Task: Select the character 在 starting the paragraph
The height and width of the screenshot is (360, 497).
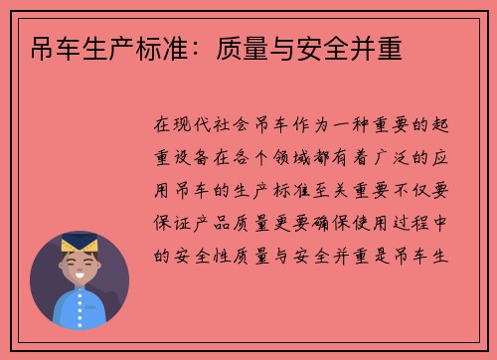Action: pyautogui.click(x=164, y=125)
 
